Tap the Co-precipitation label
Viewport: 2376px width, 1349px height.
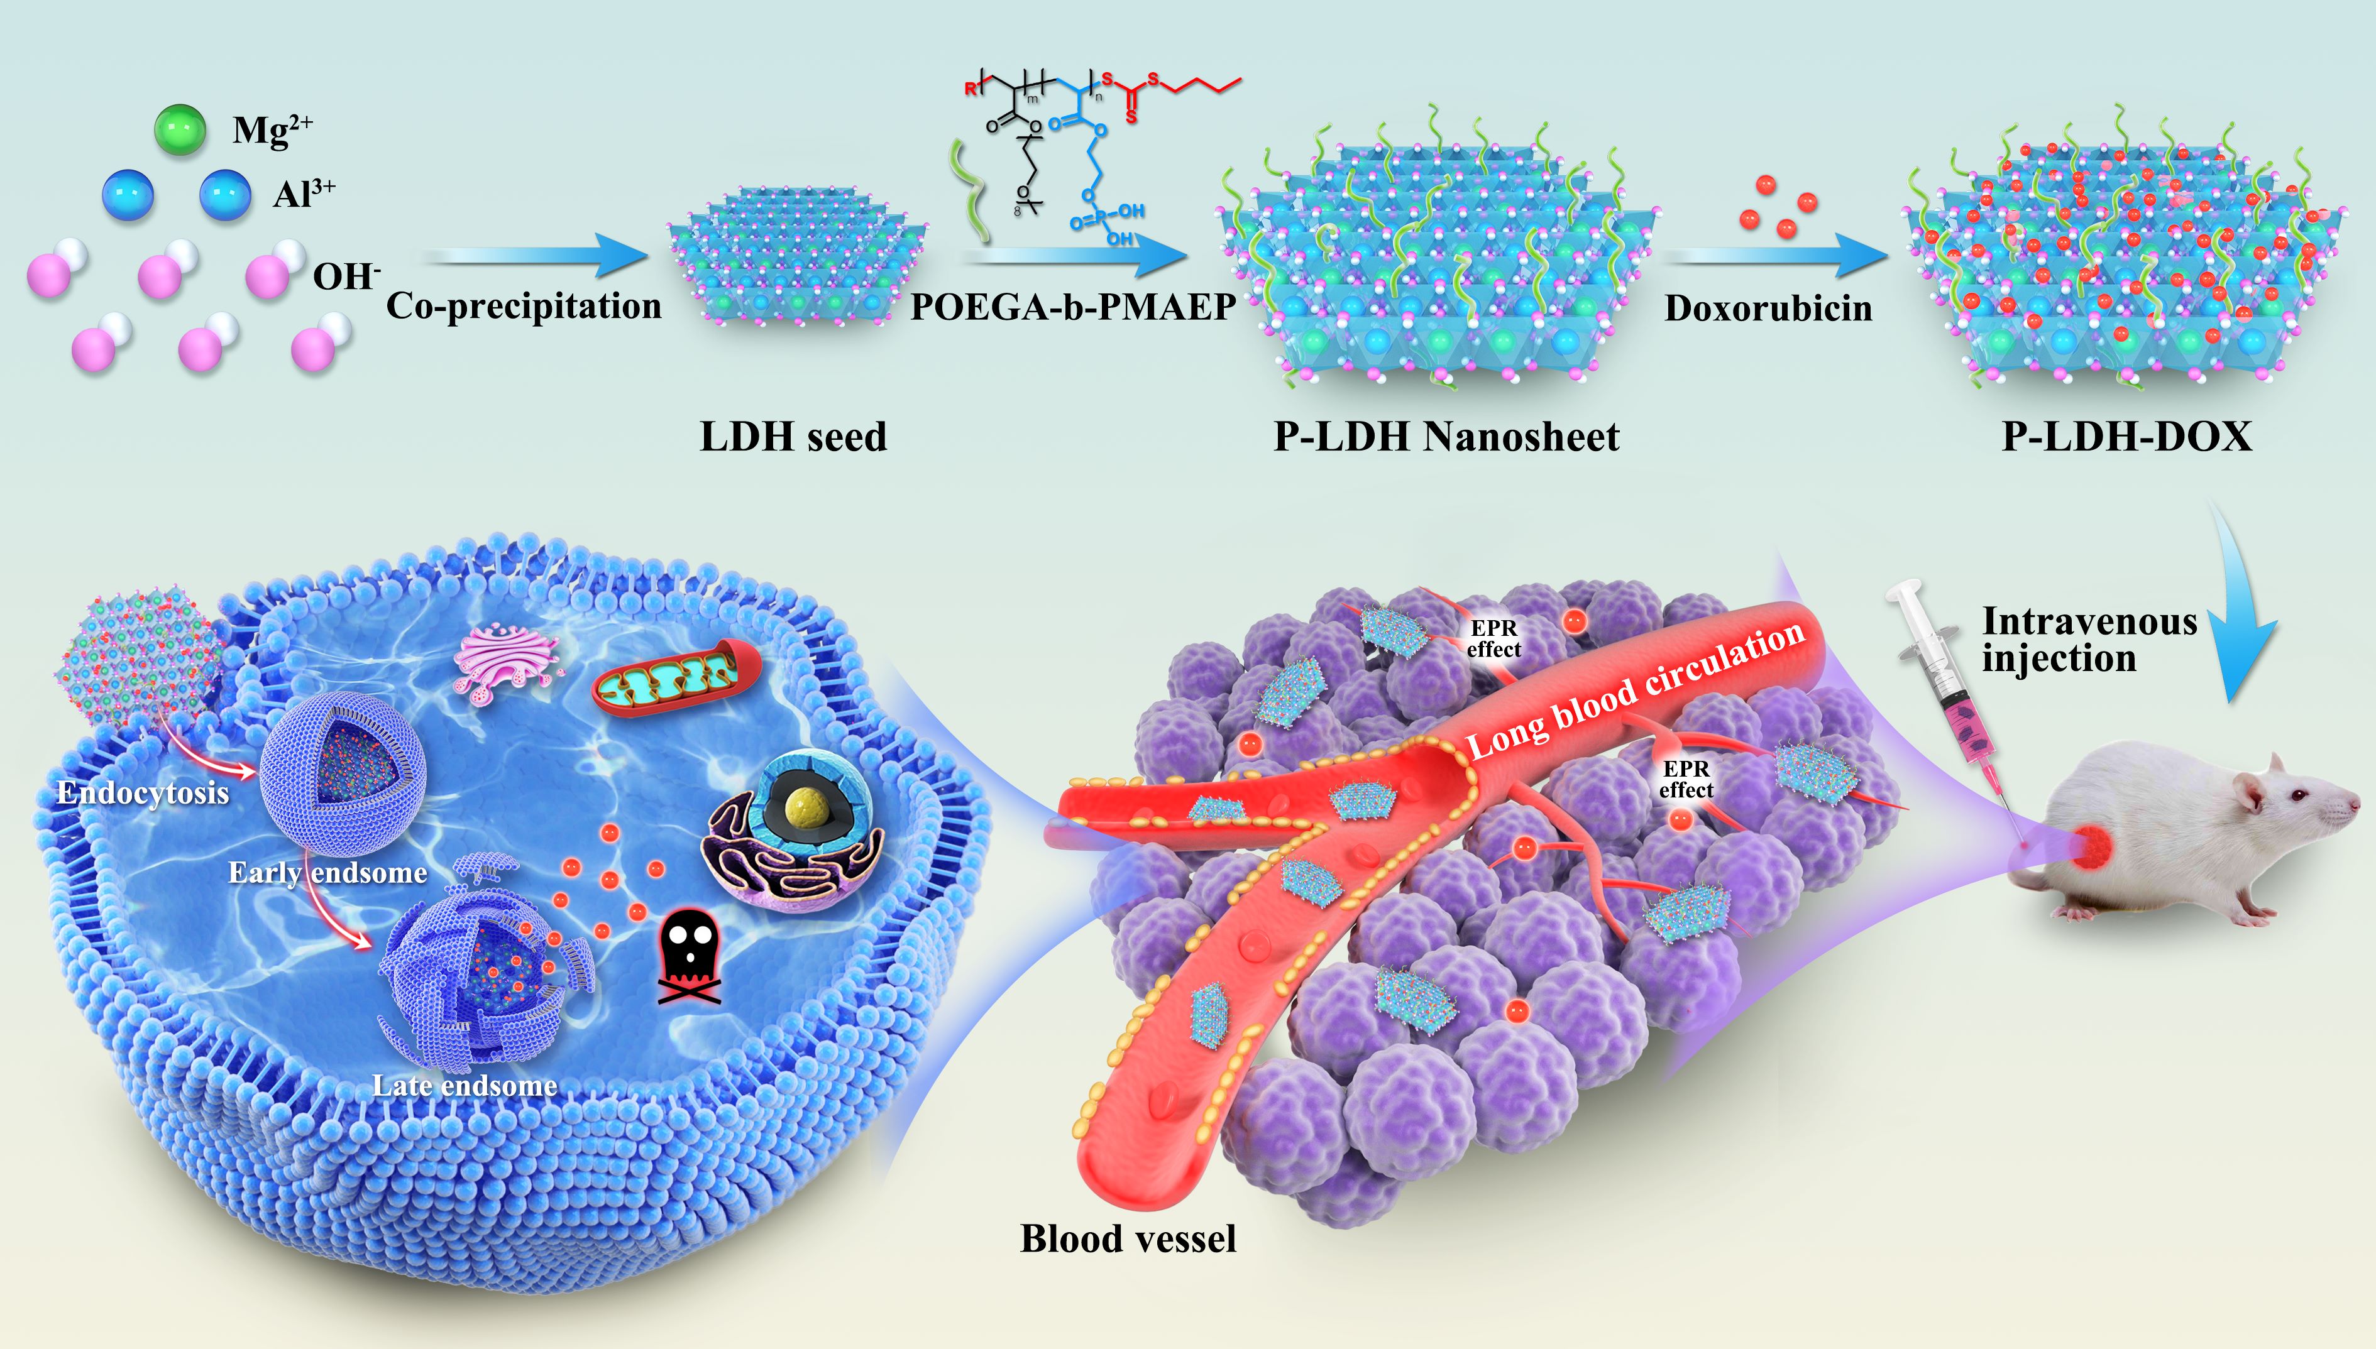click(524, 306)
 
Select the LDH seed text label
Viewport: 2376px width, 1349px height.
click(793, 437)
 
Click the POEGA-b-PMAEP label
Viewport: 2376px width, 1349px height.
click(1072, 307)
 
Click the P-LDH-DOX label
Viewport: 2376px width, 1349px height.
click(2126, 437)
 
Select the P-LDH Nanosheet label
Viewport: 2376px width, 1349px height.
click(1446, 437)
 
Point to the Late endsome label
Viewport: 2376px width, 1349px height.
click(465, 1085)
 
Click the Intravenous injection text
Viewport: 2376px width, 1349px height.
click(2089, 639)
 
